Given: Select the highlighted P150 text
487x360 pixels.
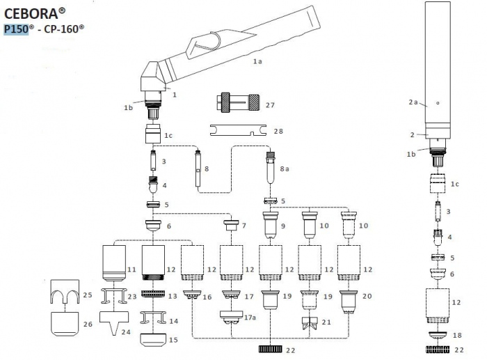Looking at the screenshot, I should (x=17, y=29).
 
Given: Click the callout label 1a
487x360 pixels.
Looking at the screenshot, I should (x=257, y=62).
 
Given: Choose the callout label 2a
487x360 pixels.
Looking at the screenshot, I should (x=413, y=102).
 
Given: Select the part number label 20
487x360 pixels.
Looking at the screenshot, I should (x=367, y=296).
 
